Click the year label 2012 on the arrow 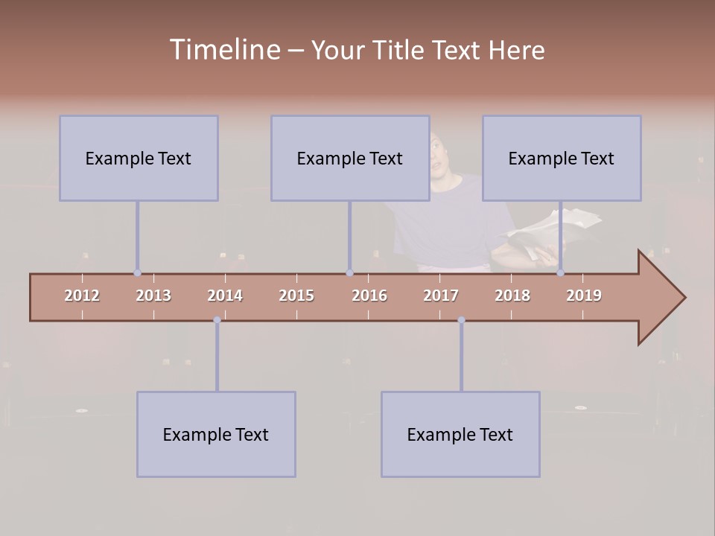pos(82,296)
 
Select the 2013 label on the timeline pos(153,296)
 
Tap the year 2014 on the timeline pos(225,296)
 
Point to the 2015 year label pos(296,296)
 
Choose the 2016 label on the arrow pos(369,296)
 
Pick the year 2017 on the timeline pos(441,296)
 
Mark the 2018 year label pos(512,296)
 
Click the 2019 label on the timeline pos(584,296)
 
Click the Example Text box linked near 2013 pos(139,158)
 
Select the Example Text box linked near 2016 pos(350,158)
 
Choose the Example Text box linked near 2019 pos(562,158)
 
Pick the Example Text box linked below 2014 pos(216,434)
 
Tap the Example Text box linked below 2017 pos(460,434)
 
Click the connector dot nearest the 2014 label pos(217,320)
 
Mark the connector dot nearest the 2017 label pos(461,320)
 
